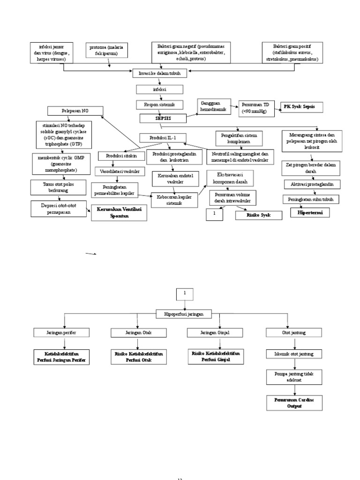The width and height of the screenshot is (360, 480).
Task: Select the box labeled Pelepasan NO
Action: point(75,111)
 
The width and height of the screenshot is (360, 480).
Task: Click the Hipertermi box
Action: point(310,213)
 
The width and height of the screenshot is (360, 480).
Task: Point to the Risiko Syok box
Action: point(259,215)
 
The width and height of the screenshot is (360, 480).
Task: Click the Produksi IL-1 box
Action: point(163,138)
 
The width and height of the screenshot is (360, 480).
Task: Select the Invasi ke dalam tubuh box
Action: point(160,74)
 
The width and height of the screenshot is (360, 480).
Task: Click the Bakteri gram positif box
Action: point(292,53)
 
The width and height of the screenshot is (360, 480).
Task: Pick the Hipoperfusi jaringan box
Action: point(184,314)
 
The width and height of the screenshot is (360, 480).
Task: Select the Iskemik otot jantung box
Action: point(294,353)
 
